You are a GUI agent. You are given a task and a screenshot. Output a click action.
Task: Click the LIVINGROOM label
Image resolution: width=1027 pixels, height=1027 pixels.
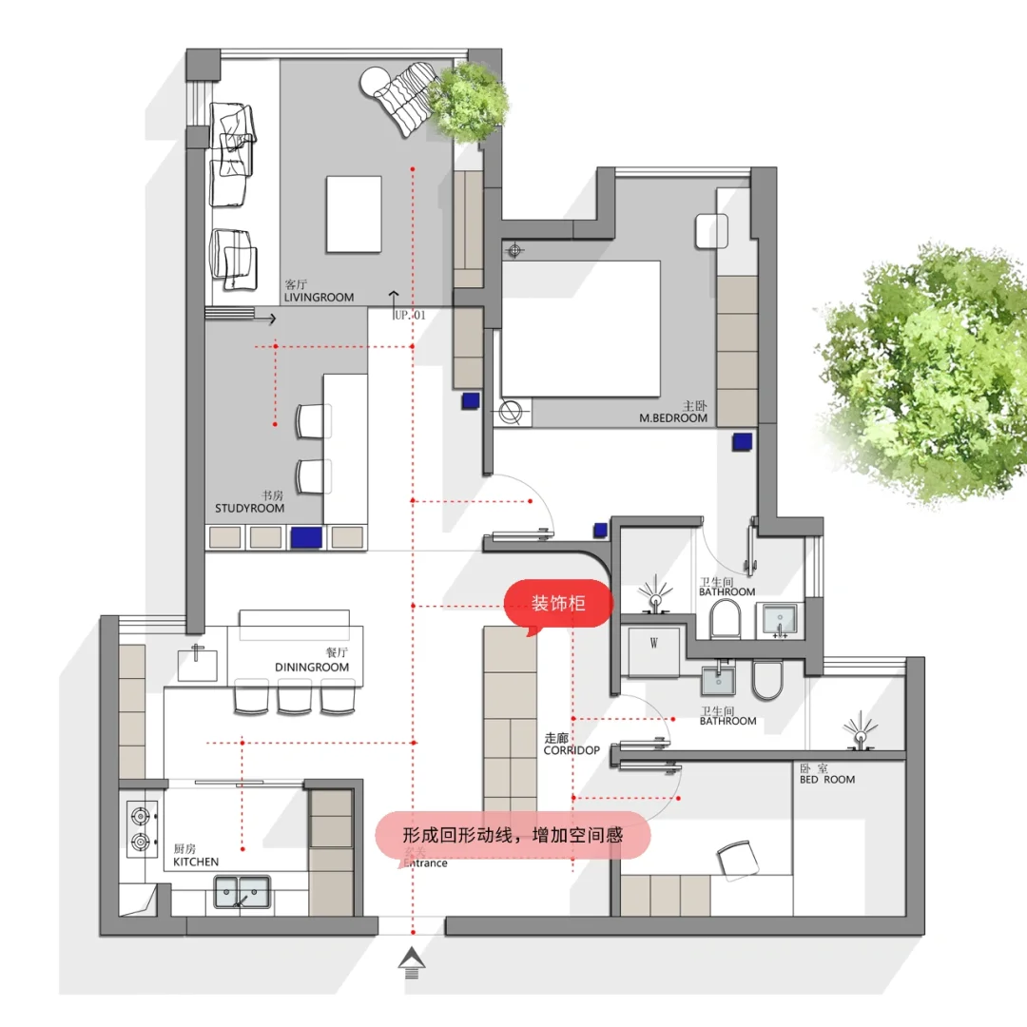tap(319, 298)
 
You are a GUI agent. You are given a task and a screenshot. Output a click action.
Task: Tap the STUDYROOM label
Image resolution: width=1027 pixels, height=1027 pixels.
tap(249, 508)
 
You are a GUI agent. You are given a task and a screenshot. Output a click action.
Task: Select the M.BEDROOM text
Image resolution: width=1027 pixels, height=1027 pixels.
tap(673, 417)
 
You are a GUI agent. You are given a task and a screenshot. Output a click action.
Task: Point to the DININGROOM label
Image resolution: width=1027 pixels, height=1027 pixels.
tap(312, 668)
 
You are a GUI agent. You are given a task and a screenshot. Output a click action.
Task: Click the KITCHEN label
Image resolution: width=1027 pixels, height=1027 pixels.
tap(196, 862)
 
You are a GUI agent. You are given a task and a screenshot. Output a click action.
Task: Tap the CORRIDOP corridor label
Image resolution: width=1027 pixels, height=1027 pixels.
tap(572, 750)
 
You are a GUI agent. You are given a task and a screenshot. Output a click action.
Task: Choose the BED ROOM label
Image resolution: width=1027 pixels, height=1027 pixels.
tap(827, 780)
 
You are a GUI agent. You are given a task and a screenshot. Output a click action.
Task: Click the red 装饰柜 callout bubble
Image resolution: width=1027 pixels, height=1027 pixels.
tap(558, 604)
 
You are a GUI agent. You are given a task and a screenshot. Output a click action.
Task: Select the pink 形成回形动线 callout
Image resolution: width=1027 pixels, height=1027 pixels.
tap(513, 836)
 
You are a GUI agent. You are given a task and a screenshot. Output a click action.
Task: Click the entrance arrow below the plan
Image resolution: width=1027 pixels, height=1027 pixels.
tap(412, 962)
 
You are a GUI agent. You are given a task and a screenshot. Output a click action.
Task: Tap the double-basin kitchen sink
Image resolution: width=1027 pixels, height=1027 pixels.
tap(242, 892)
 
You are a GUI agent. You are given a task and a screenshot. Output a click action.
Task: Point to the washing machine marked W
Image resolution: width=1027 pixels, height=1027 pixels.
tap(653, 651)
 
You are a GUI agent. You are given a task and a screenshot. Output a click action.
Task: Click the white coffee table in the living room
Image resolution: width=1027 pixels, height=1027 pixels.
tap(354, 214)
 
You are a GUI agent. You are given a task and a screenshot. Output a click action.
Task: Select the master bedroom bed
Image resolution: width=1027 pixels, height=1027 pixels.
tap(580, 329)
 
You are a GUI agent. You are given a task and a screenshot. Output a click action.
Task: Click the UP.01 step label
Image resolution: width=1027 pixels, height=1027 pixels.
tap(410, 315)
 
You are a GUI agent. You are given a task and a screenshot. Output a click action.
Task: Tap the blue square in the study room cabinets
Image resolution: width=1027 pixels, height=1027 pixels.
tap(306, 537)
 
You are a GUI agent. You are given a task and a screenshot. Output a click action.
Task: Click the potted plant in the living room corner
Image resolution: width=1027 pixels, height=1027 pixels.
tap(468, 102)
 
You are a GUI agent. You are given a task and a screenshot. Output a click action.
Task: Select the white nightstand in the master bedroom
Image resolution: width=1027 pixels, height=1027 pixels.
tap(712, 231)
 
